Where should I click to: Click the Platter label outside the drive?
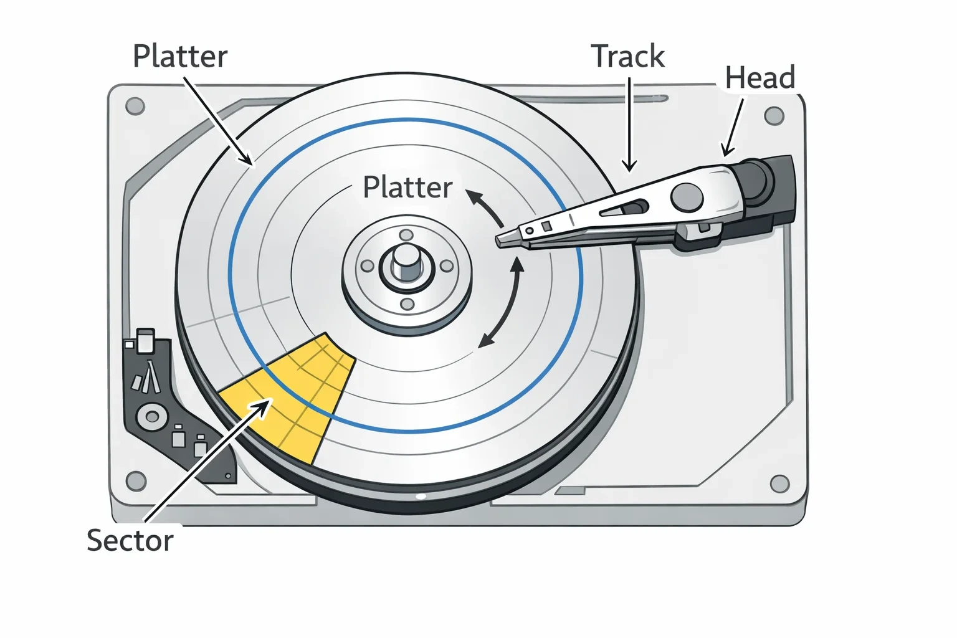pos(180,57)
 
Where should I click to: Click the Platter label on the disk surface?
pos(407,188)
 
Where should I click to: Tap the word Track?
pos(628,56)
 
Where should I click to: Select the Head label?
pos(760,77)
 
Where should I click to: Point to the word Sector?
pos(130,540)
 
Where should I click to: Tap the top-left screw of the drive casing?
pos(135,105)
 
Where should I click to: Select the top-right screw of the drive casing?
pos(774,115)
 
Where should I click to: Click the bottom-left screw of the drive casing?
pos(136,481)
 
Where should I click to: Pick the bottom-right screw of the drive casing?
pos(779,483)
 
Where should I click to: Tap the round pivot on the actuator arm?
pos(687,198)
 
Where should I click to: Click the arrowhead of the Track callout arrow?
pos(629,166)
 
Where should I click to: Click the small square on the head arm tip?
pos(546,226)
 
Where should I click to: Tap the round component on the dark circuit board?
pos(152,416)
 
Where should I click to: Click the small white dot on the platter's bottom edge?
pos(421,496)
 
